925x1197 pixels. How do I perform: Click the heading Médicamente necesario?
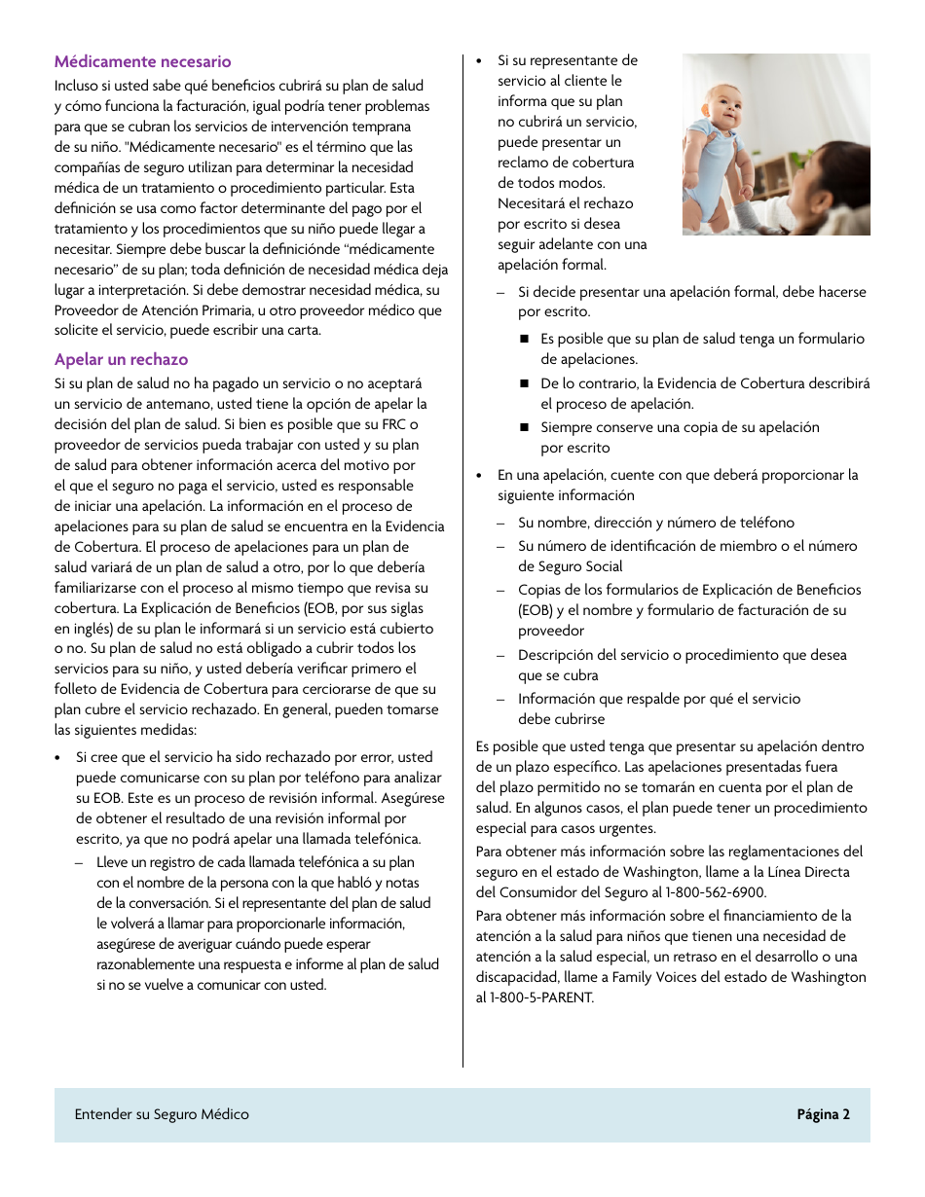click(142, 62)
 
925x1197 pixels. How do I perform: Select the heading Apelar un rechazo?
click(121, 360)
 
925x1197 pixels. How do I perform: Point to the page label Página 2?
click(823, 1115)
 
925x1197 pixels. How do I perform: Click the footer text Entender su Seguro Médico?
click(162, 1115)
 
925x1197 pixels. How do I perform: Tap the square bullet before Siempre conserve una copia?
click(523, 427)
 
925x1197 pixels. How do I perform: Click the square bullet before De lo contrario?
click(523, 383)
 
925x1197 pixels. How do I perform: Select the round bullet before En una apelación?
click(480, 476)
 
